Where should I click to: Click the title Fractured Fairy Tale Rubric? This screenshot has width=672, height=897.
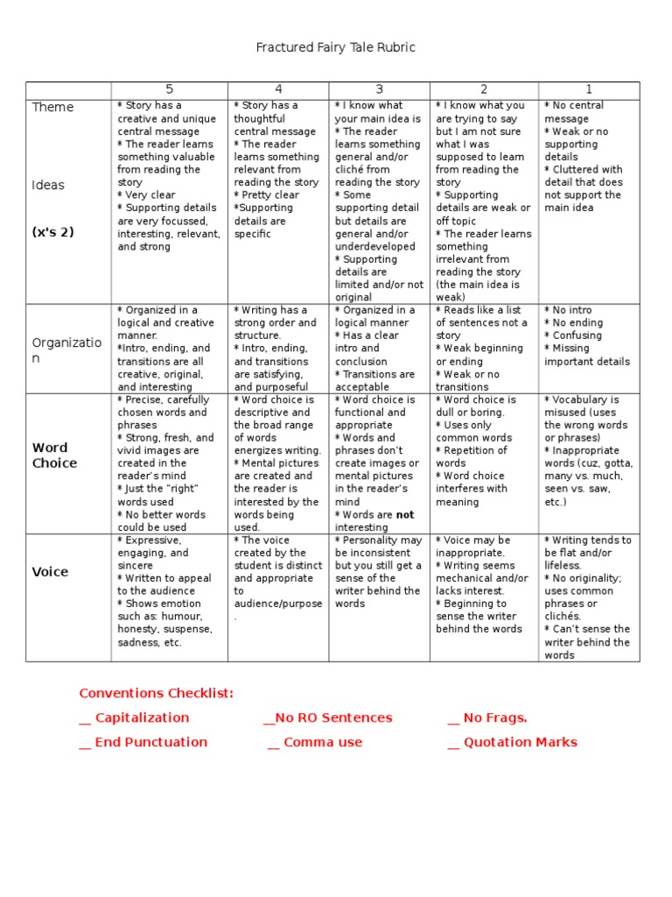pyautogui.click(x=335, y=47)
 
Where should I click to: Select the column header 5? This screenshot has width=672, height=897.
pyautogui.click(x=169, y=89)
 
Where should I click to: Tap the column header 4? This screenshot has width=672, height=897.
pyautogui.click(x=278, y=89)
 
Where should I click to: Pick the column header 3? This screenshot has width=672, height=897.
pyautogui.click(x=379, y=89)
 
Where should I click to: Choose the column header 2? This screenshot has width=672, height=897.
pyautogui.click(x=484, y=89)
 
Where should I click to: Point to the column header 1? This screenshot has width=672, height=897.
pyautogui.click(x=589, y=89)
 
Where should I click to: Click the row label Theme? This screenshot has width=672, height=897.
pyautogui.click(x=52, y=107)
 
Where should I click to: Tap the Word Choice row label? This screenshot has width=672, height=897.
pyautogui.click(x=54, y=456)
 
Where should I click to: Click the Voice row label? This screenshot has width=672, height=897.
pyautogui.click(x=50, y=572)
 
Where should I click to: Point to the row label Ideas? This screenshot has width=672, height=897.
pyautogui.click(x=48, y=185)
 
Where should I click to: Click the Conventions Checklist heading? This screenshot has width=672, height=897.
pyautogui.click(x=157, y=693)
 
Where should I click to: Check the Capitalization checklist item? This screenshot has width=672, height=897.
pyautogui.click(x=134, y=717)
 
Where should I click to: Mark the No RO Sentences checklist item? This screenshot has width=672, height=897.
pyautogui.click(x=328, y=717)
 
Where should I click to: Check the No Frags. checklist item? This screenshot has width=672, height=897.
pyautogui.click(x=487, y=717)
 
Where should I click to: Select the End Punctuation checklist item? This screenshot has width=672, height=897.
pyautogui.click(x=143, y=742)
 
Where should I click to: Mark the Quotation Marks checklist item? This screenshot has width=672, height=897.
pyautogui.click(x=512, y=742)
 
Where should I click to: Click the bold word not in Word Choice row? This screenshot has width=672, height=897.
pyautogui.click(x=404, y=515)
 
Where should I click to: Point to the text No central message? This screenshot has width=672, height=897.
pyautogui.click(x=574, y=112)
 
